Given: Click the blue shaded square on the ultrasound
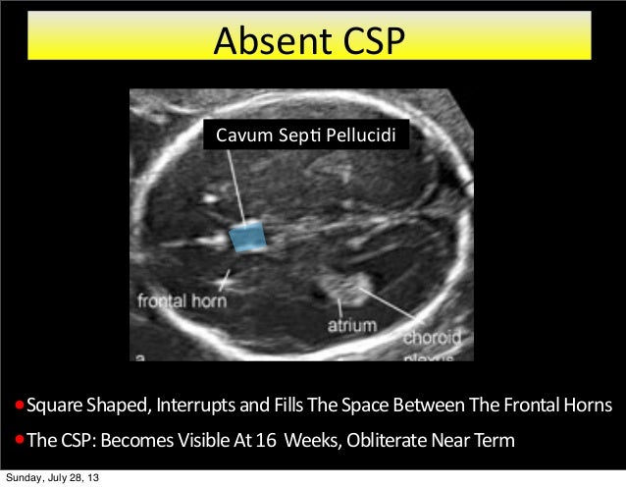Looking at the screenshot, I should [248, 237].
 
